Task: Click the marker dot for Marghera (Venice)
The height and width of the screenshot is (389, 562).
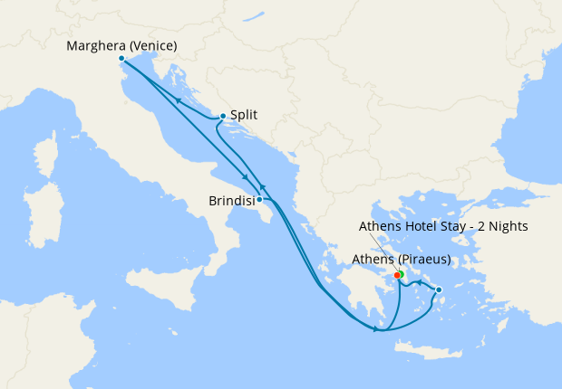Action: [121, 58]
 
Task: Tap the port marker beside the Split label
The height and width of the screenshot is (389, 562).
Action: [223, 116]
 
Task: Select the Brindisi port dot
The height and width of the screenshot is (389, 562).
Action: [259, 199]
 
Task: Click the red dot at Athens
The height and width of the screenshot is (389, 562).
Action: [397, 275]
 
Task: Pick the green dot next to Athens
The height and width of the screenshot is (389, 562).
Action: [401, 273]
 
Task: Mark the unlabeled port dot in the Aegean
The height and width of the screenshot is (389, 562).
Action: [439, 290]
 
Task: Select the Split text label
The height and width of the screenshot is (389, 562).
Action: [243, 116]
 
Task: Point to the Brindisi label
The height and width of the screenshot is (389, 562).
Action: [228, 201]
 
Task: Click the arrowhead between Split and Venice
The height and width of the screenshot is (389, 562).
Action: [179, 100]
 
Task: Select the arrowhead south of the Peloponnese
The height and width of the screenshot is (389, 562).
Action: [374, 328]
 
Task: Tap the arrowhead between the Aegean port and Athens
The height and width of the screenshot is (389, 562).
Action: [418, 286]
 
